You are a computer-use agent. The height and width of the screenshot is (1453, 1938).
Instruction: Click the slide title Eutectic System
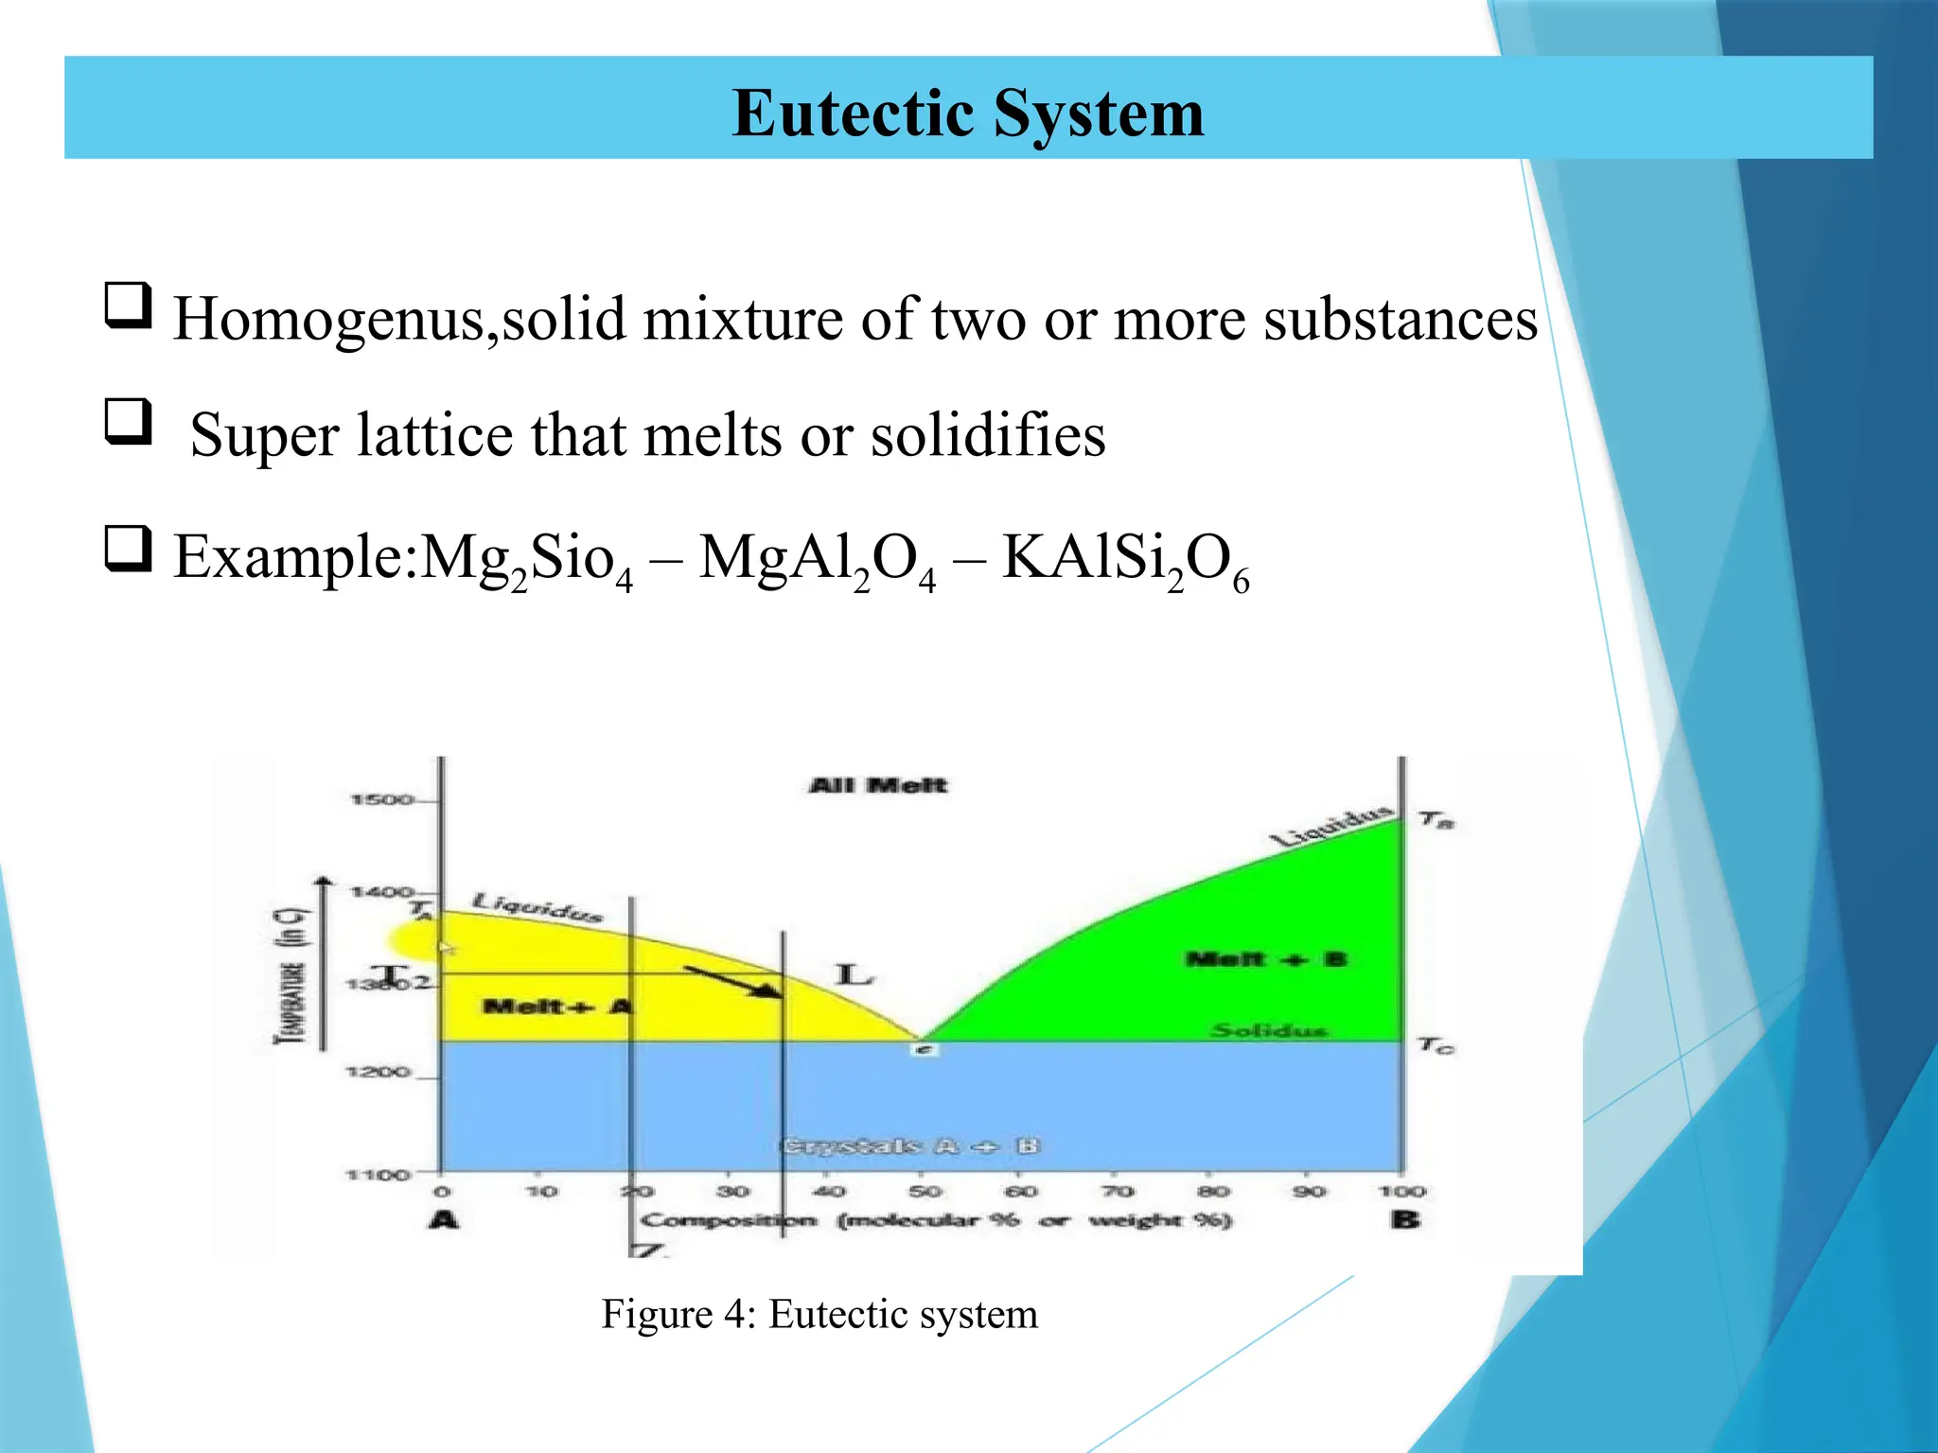(x=967, y=114)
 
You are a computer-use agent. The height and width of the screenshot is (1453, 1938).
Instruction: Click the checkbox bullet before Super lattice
(x=128, y=421)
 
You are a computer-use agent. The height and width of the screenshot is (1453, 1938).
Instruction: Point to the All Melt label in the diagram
(x=877, y=785)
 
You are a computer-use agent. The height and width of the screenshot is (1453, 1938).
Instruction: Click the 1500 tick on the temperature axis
(x=381, y=800)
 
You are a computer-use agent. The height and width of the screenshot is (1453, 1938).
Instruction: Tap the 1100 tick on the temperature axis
(x=378, y=1175)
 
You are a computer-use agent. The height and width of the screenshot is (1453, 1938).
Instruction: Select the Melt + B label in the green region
(x=1264, y=959)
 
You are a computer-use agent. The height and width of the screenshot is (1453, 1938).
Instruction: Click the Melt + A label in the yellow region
(x=555, y=1006)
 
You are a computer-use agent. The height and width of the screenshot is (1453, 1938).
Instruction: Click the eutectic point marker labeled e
(x=925, y=1049)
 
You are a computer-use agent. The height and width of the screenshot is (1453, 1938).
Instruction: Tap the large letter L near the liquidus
(x=854, y=974)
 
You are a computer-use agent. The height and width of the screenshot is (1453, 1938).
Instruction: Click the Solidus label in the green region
(x=1270, y=1030)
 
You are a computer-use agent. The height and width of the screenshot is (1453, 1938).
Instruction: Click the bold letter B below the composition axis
(x=1404, y=1219)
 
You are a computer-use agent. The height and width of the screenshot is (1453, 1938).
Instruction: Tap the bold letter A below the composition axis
(x=443, y=1219)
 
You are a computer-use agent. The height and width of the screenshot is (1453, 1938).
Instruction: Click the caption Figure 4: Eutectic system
(x=819, y=1314)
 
